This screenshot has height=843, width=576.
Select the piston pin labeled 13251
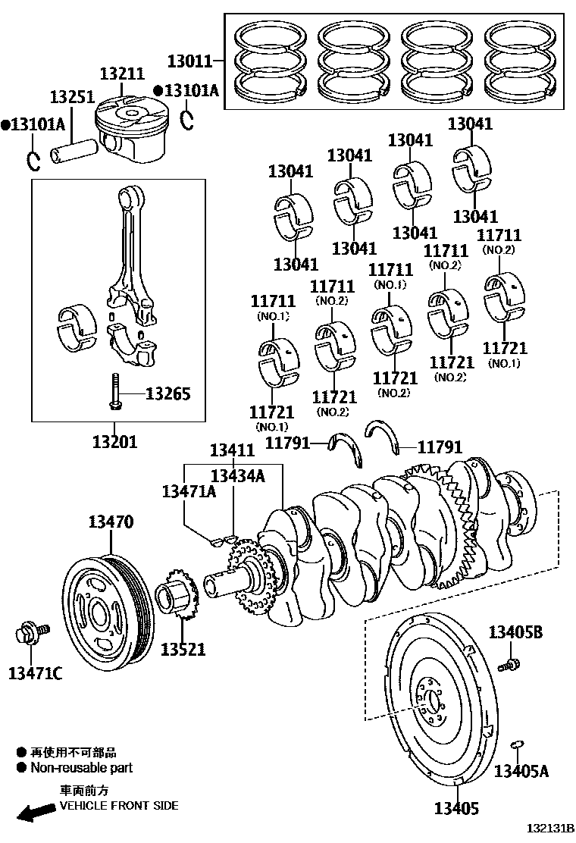[x=73, y=149]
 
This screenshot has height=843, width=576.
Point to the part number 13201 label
[x=115, y=440]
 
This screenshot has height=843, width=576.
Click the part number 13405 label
[x=456, y=809]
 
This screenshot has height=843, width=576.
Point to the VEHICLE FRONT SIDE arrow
[x=33, y=813]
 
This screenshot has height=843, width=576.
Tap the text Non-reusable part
[x=81, y=767]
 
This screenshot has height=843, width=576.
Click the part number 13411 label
[x=232, y=450]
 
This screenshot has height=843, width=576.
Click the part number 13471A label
[x=189, y=491]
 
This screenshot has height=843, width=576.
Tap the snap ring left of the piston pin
[x=33, y=161]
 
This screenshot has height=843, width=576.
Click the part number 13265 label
[x=167, y=394]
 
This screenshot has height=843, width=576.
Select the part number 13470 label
[x=111, y=522]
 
